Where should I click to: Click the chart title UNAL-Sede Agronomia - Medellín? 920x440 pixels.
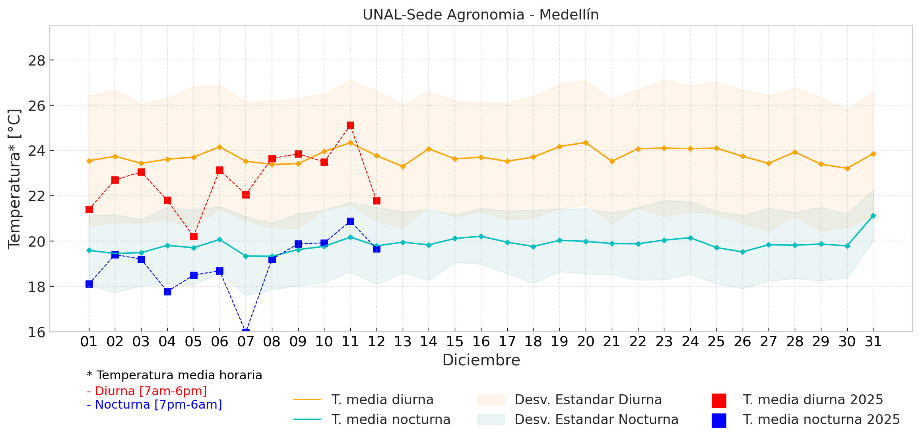(480, 15)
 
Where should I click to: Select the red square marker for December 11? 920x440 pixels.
(350, 125)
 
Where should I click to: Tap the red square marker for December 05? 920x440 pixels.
(194, 237)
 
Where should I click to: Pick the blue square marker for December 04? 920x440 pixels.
(167, 292)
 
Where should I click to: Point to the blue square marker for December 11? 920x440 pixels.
(350, 222)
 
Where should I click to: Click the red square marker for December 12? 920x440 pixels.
(377, 201)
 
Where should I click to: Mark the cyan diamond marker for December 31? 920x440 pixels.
(873, 216)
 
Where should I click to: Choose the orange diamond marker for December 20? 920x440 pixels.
(586, 143)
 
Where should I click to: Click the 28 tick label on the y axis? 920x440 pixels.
(37, 61)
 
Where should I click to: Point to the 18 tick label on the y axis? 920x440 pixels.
(37, 287)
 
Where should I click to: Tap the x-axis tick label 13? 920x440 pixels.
(402, 342)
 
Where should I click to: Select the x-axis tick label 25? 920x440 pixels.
(716, 342)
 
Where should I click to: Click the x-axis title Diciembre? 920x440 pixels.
(481, 360)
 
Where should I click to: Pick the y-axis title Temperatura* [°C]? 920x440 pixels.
(14, 179)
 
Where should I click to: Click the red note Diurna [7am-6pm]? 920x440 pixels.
(147, 391)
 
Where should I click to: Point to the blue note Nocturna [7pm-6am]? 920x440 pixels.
(154, 405)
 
